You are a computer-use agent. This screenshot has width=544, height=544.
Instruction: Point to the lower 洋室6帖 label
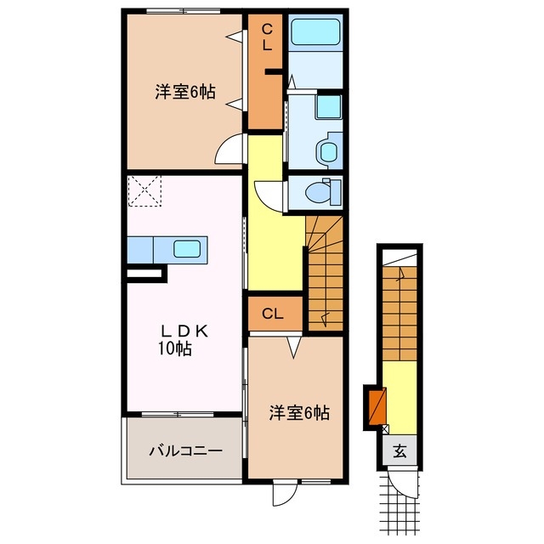(299, 413)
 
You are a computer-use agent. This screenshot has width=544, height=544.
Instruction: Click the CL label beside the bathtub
(266, 39)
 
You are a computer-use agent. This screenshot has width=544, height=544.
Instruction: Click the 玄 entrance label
(399, 451)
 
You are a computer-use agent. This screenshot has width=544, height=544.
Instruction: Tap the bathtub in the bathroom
(314, 35)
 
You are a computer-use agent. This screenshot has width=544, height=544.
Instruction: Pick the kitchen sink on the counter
(187, 249)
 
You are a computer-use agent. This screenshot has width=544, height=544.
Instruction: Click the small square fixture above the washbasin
(327, 107)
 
